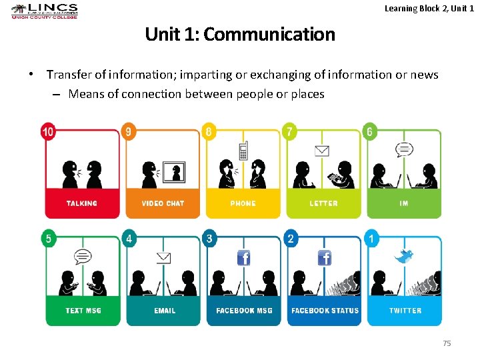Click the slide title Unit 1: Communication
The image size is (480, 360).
click(x=240, y=34)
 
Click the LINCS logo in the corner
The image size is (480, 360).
click(x=45, y=11)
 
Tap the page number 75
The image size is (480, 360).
click(x=447, y=343)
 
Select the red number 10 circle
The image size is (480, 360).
click(x=48, y=131)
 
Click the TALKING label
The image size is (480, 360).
click(x=82, y=203)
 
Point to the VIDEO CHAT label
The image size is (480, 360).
click(x=163, y=203)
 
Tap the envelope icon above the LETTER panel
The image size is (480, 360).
click(x=323, y=151)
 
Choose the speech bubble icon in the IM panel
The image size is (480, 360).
click(x=404, y=150)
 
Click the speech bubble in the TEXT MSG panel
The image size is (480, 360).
click(x=83, y=256)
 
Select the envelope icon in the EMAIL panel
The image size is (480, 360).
click(x=163, y=257)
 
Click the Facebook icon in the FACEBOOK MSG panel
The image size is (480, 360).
click(x=244, y=257)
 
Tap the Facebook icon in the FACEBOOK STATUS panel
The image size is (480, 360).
click(x=325, y=257)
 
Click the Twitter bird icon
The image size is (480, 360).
click(x=403, y=256)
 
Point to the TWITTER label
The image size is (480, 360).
click(x=405, y=311)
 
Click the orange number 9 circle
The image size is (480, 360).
click(x=129, y=131)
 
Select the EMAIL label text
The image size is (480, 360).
click(x=165, y=311)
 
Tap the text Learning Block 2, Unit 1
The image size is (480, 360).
click(x=429, y=8)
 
